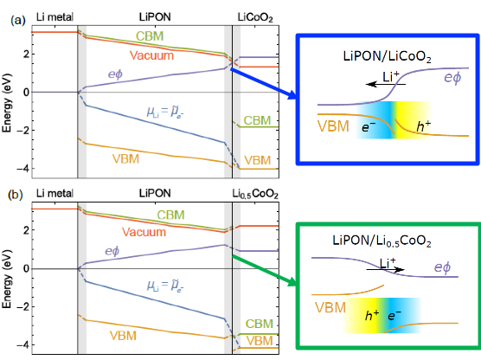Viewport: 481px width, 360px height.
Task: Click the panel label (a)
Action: (x=18, y=20)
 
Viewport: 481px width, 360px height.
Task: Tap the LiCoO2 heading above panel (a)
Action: (x=255, y=18)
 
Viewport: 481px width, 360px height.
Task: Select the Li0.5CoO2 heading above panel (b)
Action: (x=255, y=194)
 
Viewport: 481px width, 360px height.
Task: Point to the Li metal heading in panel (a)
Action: (x=55, y=17)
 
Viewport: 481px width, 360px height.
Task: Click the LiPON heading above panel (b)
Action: (x=155, y=193)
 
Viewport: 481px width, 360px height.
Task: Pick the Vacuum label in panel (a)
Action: (x=151, y=55)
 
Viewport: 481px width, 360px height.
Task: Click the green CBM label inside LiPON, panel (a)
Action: (x=150, y=36)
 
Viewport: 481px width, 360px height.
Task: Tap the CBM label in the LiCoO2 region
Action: (x=257, y=120)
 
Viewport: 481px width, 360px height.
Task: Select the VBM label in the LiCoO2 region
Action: (x=258, y=160)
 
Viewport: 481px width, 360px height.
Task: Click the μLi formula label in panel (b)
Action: (x=165, y=286)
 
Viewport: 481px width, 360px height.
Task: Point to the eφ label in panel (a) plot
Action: (x=115, y=74)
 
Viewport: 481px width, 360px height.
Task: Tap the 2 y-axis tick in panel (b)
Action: (x=27, y=230)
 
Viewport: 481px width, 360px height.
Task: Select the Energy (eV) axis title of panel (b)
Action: (x=6, y=279)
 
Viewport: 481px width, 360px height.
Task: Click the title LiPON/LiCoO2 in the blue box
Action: (x=387, y=57)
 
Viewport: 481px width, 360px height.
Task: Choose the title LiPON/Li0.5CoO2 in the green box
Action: (x=382, y=241)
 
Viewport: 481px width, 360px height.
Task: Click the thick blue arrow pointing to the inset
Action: (x=264, y=84)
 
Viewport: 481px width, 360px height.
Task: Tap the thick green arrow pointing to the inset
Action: (x=265, y=270)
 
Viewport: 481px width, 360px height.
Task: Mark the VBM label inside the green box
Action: (x=330, y=307)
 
